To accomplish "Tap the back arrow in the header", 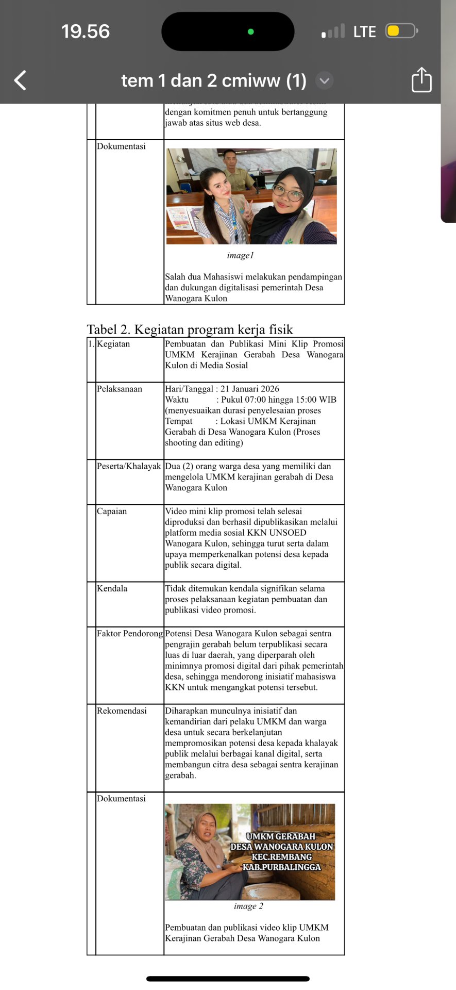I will pos(20,80).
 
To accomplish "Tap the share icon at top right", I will pos(421,80).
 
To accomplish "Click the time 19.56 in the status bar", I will pos(86,31).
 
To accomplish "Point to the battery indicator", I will pos(401,31).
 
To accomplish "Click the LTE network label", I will pos(364,32).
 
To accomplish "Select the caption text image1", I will pos(240,255).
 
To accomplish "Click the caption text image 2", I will pos(248,906).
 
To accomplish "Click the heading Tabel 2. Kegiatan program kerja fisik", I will pos(190,329).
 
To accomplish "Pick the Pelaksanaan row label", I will pos(120,389).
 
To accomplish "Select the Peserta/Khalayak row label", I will pos(129,466).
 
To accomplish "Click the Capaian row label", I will pos(112,511).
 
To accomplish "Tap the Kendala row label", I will pos(112,588).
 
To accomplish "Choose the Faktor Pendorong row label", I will pos(130,633).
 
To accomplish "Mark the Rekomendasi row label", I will pos(122,711).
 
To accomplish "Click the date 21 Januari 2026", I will pos(250,389).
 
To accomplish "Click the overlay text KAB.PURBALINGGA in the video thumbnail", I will pos(282,867).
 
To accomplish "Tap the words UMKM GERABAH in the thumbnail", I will pos(281,836).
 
